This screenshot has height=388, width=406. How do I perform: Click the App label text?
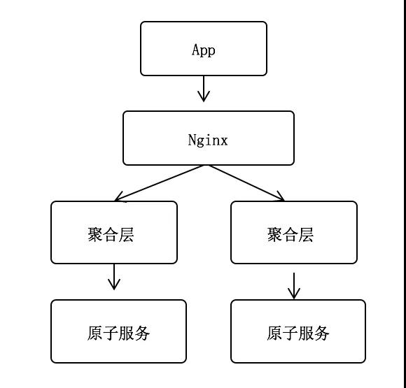[204, 50]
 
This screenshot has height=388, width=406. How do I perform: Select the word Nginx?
[208, 140]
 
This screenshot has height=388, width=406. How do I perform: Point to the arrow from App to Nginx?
[204, 89]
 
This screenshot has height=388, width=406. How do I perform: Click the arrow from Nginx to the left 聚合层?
[160, 182]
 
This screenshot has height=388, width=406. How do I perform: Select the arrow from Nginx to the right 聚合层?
[246, 182]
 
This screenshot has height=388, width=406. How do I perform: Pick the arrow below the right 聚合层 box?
[294, 285]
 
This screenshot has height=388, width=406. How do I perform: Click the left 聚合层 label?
[111, 234]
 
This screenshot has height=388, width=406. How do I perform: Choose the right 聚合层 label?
[290, 234]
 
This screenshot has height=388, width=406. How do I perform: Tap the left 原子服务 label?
[118, 333]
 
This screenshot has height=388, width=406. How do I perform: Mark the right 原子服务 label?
[298, 333]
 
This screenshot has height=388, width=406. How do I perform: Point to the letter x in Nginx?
[224, 140]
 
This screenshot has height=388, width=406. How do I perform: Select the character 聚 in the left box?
[95, 234]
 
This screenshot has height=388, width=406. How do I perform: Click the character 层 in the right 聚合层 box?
[306, 234]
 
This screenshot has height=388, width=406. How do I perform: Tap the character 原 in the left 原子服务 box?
[95, 333]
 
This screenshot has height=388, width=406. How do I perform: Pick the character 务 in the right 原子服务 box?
[322, 333]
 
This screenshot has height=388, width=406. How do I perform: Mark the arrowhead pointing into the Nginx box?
[204, 99]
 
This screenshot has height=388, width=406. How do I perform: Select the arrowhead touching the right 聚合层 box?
[280, 197]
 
